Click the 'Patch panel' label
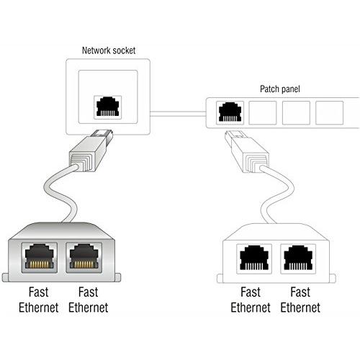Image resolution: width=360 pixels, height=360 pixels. tap(280, 89)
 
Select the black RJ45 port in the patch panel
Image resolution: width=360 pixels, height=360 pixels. tap(229, 112)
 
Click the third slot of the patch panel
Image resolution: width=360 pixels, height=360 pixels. tap(296, 112)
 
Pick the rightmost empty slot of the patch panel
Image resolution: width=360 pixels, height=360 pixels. tap(329, 112)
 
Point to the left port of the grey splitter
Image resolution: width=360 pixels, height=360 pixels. tap(40, 256)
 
